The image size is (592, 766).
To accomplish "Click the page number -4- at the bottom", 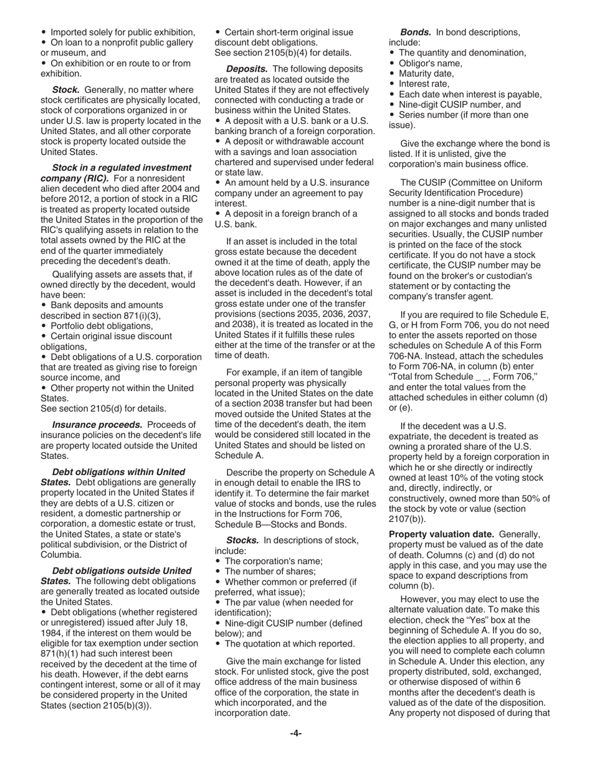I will click(296, 733).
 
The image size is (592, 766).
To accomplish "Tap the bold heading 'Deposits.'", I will click(247, 69).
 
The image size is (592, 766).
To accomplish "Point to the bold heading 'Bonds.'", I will click(415, 32).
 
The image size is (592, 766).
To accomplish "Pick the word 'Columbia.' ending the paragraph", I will click(62, 554).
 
